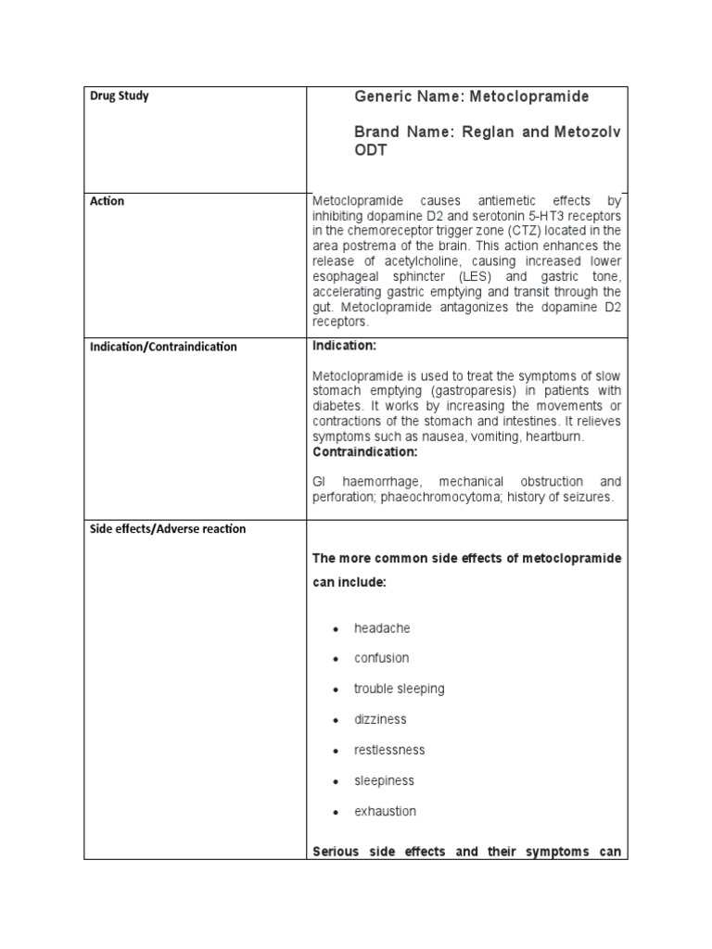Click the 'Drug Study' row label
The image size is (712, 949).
(120, 96)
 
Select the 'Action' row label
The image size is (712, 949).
(108, 201)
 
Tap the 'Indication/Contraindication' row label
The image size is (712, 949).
(163, 347)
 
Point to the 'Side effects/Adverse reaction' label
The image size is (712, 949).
(168, 528)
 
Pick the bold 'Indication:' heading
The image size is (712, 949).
(344, 345)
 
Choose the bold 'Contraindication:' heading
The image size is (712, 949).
(365, 451)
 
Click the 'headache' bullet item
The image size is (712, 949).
(382, 628)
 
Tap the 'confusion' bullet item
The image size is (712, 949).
(381, 658)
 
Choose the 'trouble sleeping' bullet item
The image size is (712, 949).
(399, 689)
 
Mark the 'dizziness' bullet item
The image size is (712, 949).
(380, 719)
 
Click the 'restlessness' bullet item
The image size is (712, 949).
(389, 750)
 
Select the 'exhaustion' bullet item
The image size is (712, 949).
(385, 811)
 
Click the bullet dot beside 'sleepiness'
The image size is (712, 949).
(334, 781)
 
